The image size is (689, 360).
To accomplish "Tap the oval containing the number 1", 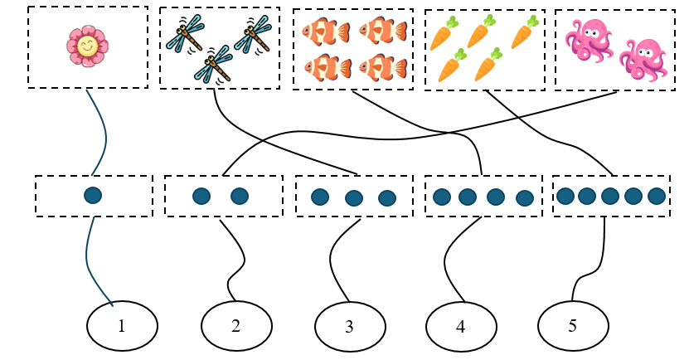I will (x=121, y=325).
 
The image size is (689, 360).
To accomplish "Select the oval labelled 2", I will (x=235, y=325).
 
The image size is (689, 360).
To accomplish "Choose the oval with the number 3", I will (x=349, y=326).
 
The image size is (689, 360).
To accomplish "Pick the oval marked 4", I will (x=461, y=326).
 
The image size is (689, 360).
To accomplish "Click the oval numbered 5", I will (x=572, y=325).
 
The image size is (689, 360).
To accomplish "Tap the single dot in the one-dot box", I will (x=93, y=196).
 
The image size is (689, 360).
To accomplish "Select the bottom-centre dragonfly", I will (x=213, y=64).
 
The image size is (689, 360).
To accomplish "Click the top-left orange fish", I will (x=318, y=32).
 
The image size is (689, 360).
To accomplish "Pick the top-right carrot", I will (x=522, y=33).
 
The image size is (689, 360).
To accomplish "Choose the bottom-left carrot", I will (x=451, y=66).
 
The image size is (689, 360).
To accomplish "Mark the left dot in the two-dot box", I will (x=201, y=197).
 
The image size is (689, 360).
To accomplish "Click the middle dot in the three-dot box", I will (x=354, y=198).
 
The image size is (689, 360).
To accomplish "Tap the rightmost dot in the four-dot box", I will (x=524, y=197).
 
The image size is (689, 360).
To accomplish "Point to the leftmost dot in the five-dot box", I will (x=565, y=197).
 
